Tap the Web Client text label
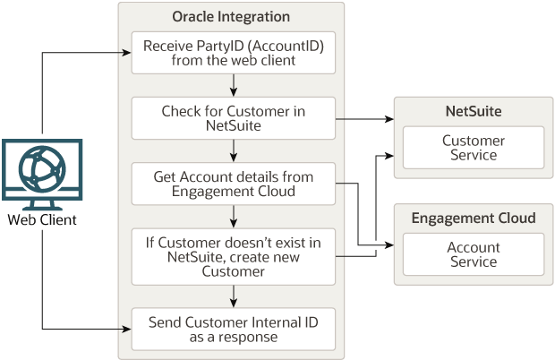pos(42,220)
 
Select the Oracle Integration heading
pos(231,18)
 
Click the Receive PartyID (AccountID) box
pos(233,54)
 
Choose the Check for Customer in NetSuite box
pos(233,119)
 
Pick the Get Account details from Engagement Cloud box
pos(233,184)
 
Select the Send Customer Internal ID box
pos(233,329)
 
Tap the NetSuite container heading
pos(473,111)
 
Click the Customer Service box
pos(473,148)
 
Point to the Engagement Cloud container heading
pos(473,219)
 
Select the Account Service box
pos(473,254)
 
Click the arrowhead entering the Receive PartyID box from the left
pos(126,53)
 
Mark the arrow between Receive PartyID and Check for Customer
pos(233,85)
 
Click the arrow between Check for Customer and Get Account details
pos(233,151)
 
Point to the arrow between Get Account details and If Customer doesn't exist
pos(233,217)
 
